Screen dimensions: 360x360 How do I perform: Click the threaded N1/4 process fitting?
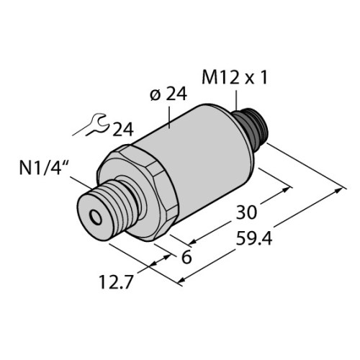point(108,205)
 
